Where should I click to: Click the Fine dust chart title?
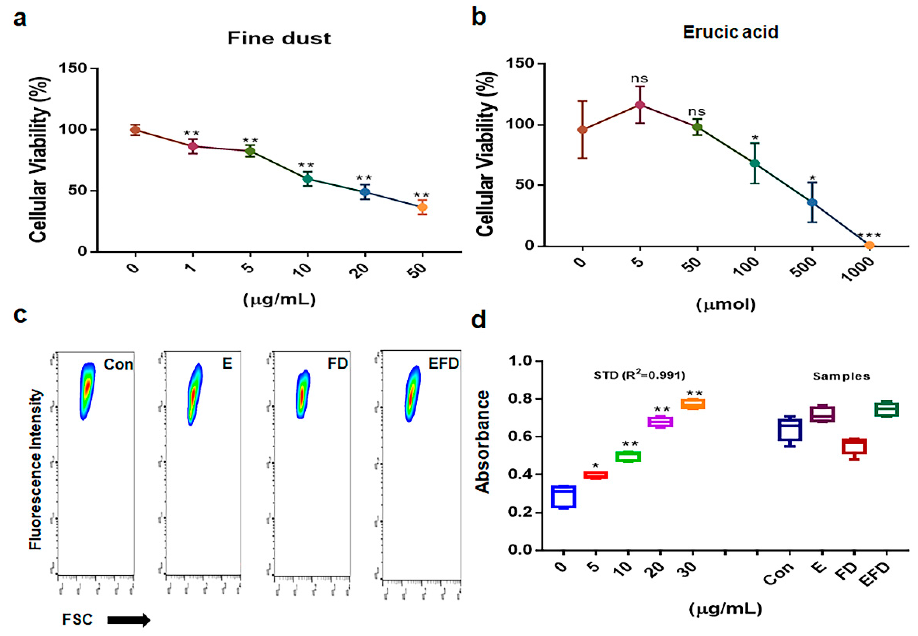point(279,38)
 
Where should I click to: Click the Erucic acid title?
point(730,32)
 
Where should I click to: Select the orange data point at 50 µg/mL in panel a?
point(422,207)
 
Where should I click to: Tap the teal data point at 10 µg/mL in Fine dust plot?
point(307,179)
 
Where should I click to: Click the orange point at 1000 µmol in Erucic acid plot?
point(869,245)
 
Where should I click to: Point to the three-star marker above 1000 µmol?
point(869,235)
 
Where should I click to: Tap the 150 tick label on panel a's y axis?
point(73,68)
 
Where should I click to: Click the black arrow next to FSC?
point(128,620)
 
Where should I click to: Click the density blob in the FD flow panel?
point(302,394)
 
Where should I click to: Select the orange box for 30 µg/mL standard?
point(693,404)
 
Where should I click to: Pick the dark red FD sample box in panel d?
point(854,446)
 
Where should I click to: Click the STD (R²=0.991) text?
point(639,375)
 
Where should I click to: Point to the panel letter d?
point(478,320)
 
